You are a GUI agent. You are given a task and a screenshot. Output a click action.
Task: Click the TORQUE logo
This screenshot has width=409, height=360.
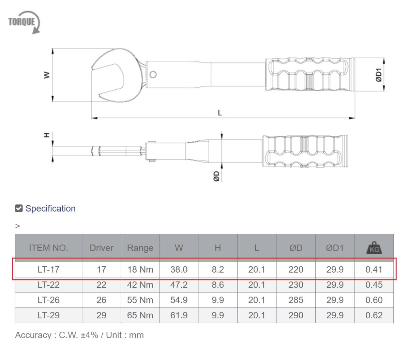click(x=24, y=22)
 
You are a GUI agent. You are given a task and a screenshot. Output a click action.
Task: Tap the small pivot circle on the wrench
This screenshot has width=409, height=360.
click(x=153, y=74)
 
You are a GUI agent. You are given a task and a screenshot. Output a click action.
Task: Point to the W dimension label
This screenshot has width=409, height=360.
click(x=46, y=75)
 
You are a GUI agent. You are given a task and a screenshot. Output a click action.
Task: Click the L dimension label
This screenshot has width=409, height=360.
click(x=220, y=113)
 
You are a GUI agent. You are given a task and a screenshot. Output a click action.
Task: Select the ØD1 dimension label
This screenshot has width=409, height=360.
click(x=379, y=75)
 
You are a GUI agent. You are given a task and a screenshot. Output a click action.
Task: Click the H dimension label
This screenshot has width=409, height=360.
click(x=47, y=135)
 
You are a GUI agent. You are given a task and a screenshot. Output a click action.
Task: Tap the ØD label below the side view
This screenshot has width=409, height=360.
click(x=216, y=176)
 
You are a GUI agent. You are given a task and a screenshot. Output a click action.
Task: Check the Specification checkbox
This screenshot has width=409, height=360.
click(x=19, y=208)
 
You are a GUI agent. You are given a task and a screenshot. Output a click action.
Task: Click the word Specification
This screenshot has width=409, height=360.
click(x=50, y=208)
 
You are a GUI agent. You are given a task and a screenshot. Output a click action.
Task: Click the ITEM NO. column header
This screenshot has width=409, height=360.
click(x=48, y=248)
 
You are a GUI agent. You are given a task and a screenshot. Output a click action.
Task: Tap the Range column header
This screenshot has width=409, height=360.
click(x=140, y=248)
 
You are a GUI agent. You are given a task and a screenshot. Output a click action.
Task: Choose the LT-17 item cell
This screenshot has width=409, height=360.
click(x=48, y=270)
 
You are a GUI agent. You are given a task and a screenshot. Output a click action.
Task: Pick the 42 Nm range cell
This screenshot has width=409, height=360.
click(x=140, y=285)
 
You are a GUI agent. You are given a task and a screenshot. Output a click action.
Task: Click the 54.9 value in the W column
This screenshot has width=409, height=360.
click(x=179, y=300)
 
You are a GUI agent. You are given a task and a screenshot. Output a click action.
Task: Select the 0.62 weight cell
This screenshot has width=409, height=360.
click(x=374, y=315)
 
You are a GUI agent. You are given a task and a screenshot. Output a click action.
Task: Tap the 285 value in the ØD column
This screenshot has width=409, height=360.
click(x=296, y=300)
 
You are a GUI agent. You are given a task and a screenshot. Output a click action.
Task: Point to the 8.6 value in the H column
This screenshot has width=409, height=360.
click(x=217, y=285)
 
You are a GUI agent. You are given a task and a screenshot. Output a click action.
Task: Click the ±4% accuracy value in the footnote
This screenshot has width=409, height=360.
click(x=89, y=335)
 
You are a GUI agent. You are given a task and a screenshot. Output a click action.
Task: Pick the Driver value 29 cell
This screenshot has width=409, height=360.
click(x=101, y=315)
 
